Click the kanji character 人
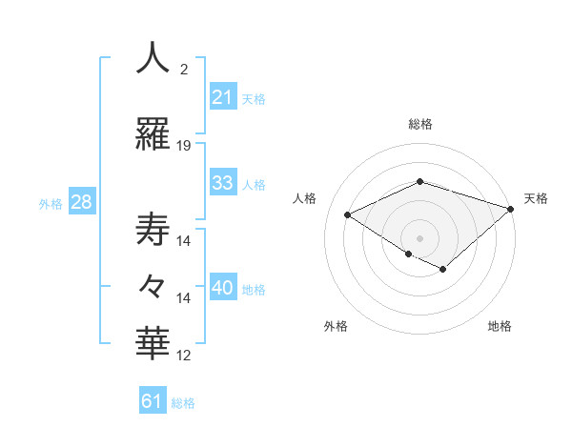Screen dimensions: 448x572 (153, 58)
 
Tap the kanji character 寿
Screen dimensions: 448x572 (153, 230)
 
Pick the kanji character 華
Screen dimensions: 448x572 (153, 343)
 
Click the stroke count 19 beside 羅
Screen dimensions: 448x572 (184, 146)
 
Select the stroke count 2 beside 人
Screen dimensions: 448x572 (184, 70)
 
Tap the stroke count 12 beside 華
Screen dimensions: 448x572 (184, 356)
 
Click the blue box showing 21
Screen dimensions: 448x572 (223, 96)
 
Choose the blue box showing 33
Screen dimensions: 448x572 (223, 183)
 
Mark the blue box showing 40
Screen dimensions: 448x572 (223, 289)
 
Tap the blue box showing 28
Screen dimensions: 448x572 (81, 202)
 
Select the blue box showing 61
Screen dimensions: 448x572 (153, 401)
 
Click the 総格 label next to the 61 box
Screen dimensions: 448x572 (183, 403)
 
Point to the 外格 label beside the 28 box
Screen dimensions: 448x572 (51, 204)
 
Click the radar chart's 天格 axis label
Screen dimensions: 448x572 (536, 198)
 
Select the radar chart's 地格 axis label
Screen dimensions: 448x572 (500, 326)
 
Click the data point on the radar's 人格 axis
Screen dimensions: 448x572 (348, 215)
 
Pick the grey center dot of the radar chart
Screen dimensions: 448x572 (419, 237)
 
